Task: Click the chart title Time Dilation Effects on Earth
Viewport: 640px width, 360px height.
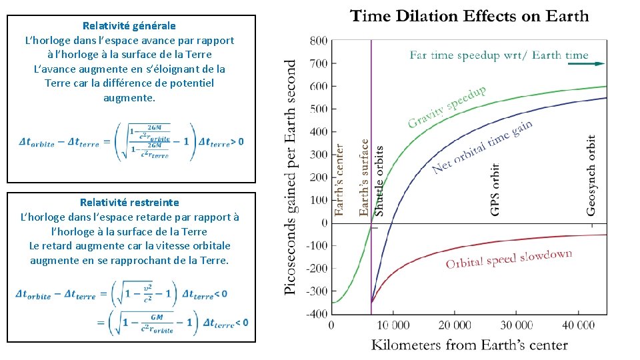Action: point(469,16)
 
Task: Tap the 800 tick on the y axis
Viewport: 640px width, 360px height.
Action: point(319,41)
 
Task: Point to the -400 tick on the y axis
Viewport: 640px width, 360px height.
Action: point(317,313)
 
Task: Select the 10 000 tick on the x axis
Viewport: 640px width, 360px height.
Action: point(393,325)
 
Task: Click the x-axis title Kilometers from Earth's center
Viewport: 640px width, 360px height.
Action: point(469,345)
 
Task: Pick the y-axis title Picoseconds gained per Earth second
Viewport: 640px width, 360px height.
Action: point(291,177)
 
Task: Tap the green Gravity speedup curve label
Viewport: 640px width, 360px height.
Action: point(447,106)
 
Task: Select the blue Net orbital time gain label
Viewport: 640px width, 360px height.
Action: point(482,147)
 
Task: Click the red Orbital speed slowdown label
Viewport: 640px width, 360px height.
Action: point(509,259)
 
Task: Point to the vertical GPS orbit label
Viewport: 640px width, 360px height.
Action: point(495,189)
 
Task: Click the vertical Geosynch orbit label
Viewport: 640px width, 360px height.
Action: point(591,175)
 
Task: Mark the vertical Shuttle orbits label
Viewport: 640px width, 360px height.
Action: point(379,180)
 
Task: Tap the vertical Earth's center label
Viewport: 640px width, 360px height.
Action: point(339,179)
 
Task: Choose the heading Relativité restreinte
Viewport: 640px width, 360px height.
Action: point(129,202)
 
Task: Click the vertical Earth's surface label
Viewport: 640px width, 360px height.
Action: point(364,177)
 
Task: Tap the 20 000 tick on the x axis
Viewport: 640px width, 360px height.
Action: point(455,325)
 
